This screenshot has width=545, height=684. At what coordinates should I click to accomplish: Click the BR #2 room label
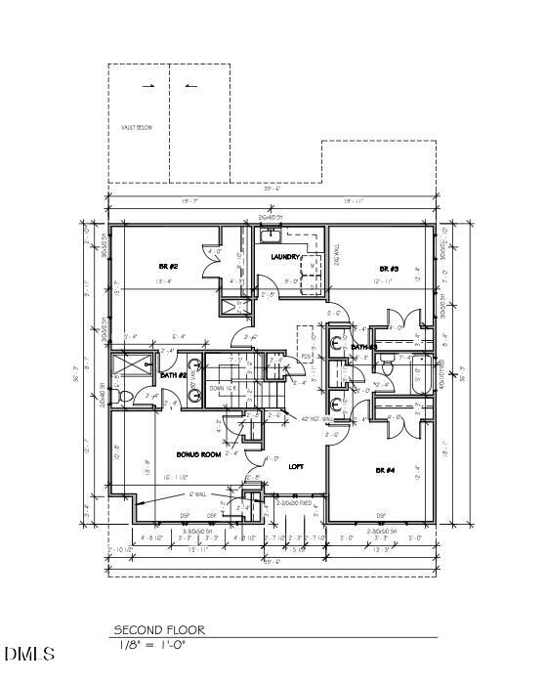point(168,267)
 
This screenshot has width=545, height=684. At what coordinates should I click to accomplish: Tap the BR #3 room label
point(389,268)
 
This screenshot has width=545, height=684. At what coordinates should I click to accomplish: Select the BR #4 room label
point(384,470)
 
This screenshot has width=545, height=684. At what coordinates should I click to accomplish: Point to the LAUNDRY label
point(286,257)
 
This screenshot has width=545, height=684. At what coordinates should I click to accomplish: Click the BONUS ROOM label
point(198,455)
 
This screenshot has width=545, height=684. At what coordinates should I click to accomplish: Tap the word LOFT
point(297,466)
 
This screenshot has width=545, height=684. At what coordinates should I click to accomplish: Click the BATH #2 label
point(174,375)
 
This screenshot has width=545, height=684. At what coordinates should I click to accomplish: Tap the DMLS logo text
point(29,653)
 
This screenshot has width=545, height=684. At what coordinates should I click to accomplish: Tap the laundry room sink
point(270,235)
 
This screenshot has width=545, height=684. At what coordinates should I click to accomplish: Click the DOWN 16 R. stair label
point(223,388)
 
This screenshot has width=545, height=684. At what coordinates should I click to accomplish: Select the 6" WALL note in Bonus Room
point(202,494)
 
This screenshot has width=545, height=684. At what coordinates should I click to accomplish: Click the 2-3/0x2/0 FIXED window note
point(292,502)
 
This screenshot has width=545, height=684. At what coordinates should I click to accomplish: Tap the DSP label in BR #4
point(381,515)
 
